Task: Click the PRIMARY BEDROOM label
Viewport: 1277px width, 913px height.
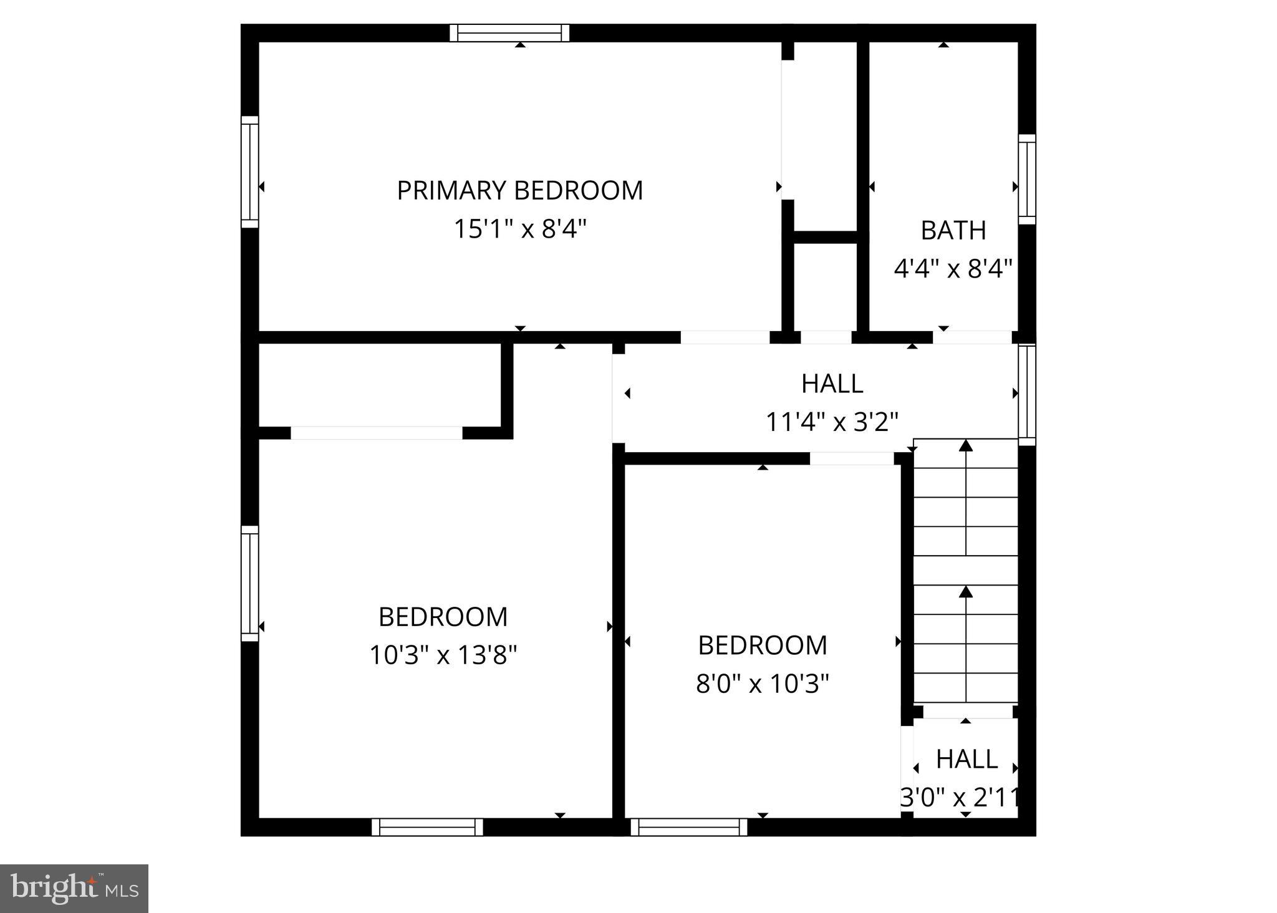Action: coord(520,190)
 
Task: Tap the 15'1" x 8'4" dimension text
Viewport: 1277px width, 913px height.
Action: coord(520,229)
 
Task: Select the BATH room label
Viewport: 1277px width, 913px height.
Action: coord(953,230)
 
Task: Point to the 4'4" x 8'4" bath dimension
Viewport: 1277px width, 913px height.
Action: coord(953,269)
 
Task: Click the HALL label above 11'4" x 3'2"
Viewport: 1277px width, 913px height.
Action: coord(832,384)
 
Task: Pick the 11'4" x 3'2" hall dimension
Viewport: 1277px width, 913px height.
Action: coord(832,422)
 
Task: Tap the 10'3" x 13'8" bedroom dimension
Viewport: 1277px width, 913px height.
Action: coord(443,655)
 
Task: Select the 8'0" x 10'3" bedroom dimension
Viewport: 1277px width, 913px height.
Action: coord(763,684)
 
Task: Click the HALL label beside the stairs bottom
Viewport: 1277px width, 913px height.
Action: coord(966,759)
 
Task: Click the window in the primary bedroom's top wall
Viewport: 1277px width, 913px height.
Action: coord(510,32)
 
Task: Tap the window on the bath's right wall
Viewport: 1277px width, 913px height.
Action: coord(1027,179)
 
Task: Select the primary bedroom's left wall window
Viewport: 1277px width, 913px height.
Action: coord(249,171)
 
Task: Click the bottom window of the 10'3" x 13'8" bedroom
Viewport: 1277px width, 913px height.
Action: coord(427,827)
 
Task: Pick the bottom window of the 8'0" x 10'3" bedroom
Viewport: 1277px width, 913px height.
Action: coord(689,827)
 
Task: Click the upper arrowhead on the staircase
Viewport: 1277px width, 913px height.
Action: coord(966,445)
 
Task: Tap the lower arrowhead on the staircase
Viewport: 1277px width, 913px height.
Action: coord(966,591)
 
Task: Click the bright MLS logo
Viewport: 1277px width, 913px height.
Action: coord(74,888)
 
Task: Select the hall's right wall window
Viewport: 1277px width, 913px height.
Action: coord(1027,395)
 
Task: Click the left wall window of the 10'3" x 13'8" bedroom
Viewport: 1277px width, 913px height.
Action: coord(249,583)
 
